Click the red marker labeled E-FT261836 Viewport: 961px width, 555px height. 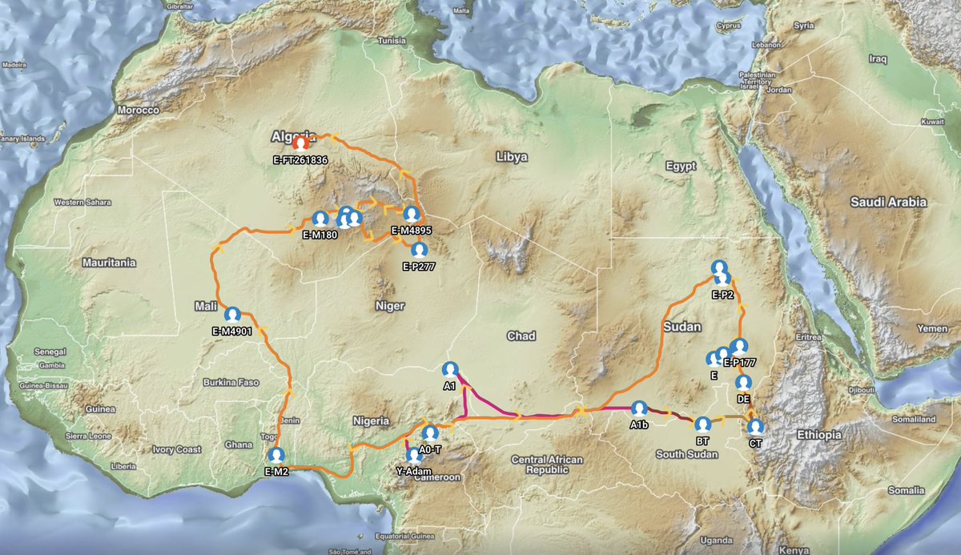pyautogui.click(x=300, y=143)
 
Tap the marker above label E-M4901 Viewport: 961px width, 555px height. pyautogui.click(x=233, y=314)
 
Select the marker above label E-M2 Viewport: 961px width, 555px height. pyautogui.click(x=276, y=455)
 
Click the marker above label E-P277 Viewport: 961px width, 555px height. pyautogui.click(x=418, y=250)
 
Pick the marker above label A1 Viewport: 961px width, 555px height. pyautogui.click(x=450, y=369)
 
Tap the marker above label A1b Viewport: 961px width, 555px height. pyautogui.click(x=638, y=408)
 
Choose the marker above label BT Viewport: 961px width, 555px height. pyautogui.click(x=703, y=424)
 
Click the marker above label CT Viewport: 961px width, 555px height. pyautogui.click(x=754, y=427)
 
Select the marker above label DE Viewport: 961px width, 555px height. pyautogui.click(x=743, y=383)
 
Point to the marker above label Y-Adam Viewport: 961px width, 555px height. pyautogui.click(x=414, y=456)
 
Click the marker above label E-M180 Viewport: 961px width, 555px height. pyautogui.click(x=320, y=218)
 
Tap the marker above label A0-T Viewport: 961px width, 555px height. pyautogui.click(x=429, y=432)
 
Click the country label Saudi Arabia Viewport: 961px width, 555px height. pyautogui.click(x=889, y=203)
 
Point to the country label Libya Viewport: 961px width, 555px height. pyautogui.click(x=512, y=157)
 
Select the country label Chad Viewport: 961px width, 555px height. pyautogui.click(x=521, y=336)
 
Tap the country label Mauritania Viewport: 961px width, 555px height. pyautogui.click(x=109, y=262)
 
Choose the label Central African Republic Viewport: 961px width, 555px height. pyautogui.click(x=548, y=465)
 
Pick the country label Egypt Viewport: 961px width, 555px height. pyautogui.click(x=681, y=166)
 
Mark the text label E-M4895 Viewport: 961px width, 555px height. pyautogui.click(x=412, y=231)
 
